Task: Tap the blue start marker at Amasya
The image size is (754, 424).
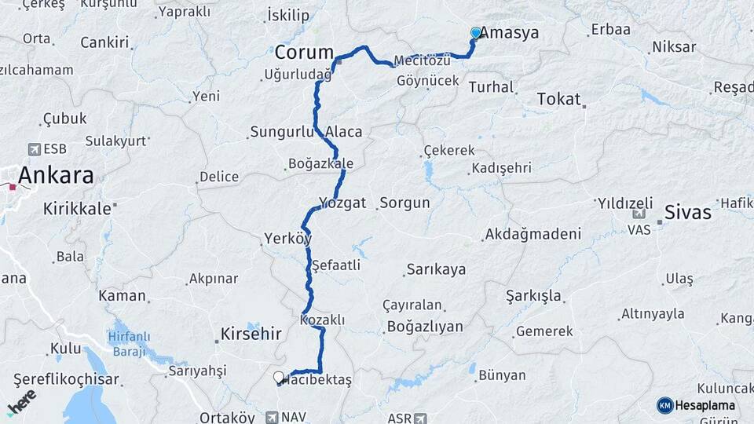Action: (476, 33)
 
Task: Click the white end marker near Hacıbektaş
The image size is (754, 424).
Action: (279, 378)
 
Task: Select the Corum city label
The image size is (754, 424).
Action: (304, 53)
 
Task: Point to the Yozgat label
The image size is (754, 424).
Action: (342, 203)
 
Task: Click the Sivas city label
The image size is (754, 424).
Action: (687, 212)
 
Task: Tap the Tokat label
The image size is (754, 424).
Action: (558, 99)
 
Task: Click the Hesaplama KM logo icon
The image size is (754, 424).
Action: (664, 405)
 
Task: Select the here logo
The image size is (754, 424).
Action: (22, 401)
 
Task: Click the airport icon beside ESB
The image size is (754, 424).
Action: (34, 148)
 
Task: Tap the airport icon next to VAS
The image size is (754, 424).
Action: (639, 213)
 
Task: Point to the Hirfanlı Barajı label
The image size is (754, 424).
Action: (129, 344)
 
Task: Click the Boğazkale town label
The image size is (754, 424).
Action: (320, 164)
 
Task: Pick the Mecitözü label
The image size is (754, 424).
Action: (422, 60)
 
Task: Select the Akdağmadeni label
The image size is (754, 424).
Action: (533, 234)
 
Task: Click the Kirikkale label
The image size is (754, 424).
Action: (79, 209)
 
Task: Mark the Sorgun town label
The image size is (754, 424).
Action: (404, 203)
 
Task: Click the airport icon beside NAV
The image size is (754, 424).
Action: (271, 418)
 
